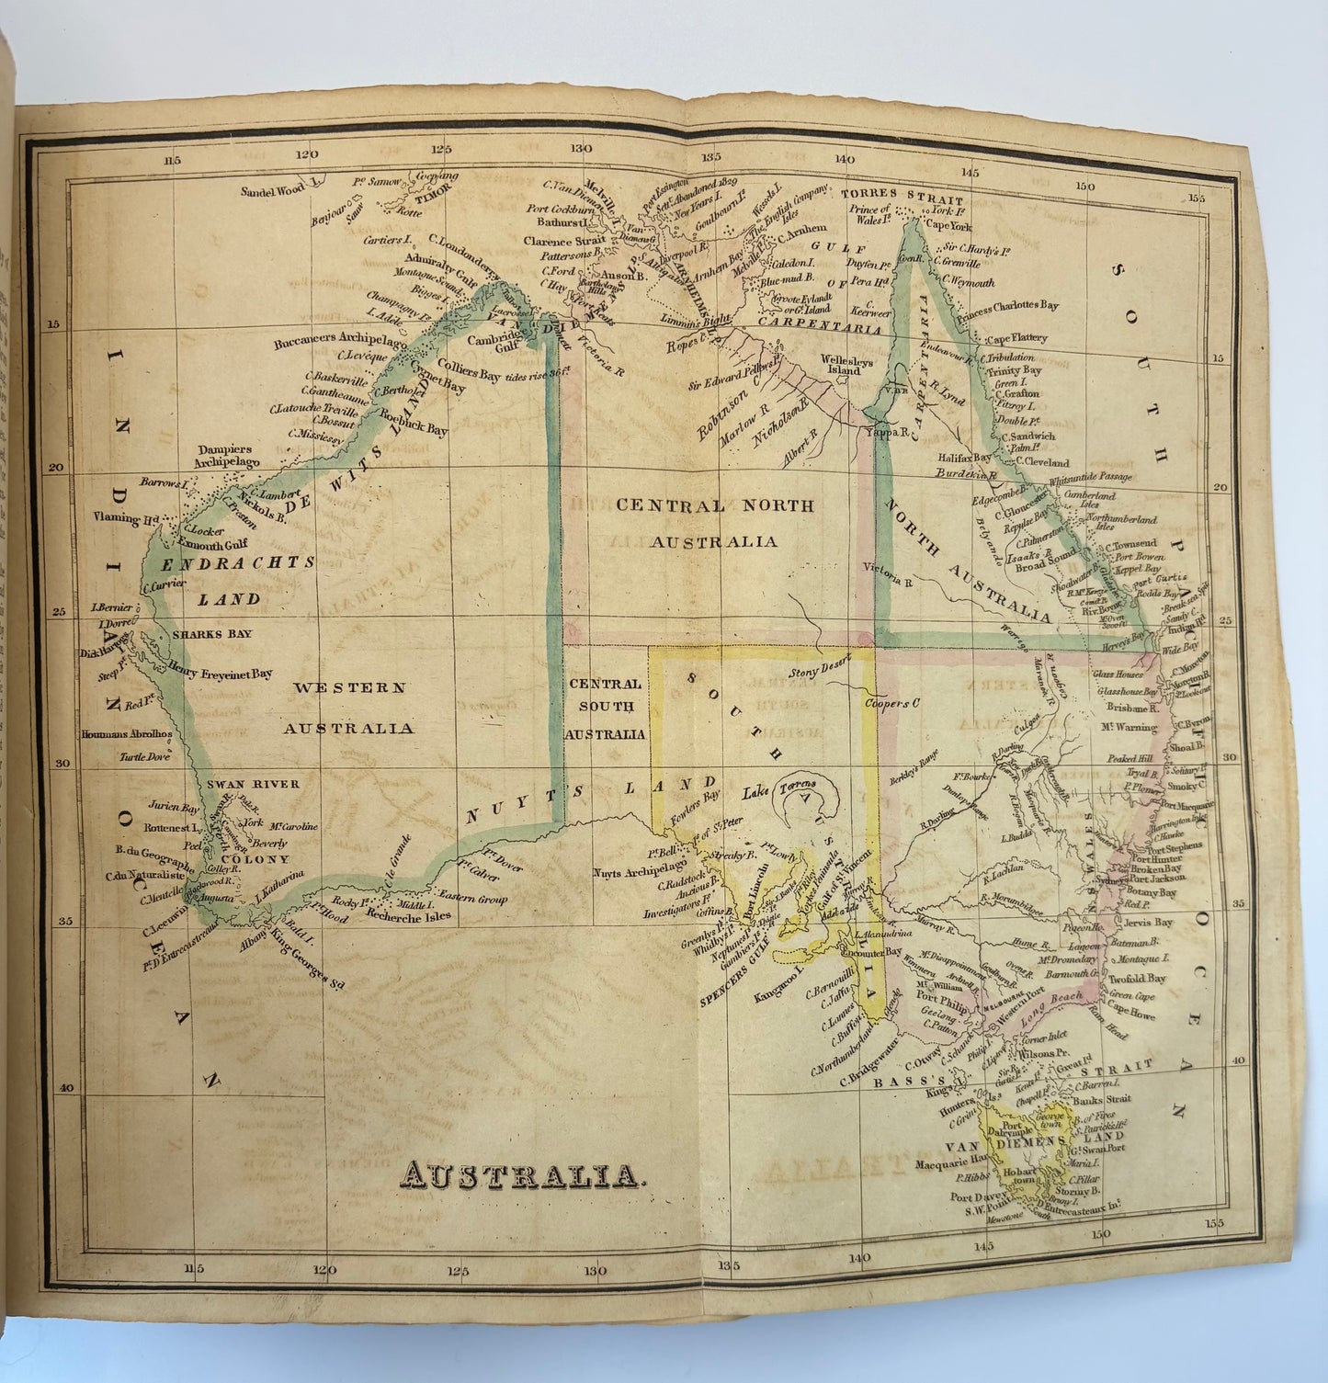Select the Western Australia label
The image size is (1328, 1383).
(x=348, y=707)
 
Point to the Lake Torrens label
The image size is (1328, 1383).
(x=780, y=792)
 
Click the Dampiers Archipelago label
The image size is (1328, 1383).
(x=229, y=456)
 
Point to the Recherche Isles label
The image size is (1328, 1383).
(x=408, y=915)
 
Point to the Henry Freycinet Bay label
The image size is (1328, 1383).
(x=221, y=674)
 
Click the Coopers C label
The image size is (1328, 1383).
(x=891, y=704)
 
